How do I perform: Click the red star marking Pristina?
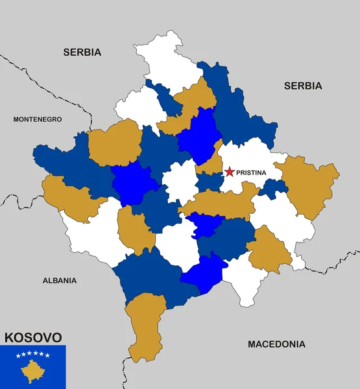(x=229, y=172)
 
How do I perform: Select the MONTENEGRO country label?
(x=38, y=119)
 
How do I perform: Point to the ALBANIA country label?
(x=60, y=281)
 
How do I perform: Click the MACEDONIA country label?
(x=276, y=344)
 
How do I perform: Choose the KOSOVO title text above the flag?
(x=34, y=337)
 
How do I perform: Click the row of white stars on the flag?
(x=32, y=355)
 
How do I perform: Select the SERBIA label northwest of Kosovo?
(x=82, y=52)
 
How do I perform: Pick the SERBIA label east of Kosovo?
(x=303, y=86)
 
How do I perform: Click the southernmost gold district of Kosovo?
(x=146, y=324)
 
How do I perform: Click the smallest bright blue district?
(x=206, y=224)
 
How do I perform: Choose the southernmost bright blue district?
(x=204, y=274)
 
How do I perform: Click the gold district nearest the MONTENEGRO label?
(x=115, y=143)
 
